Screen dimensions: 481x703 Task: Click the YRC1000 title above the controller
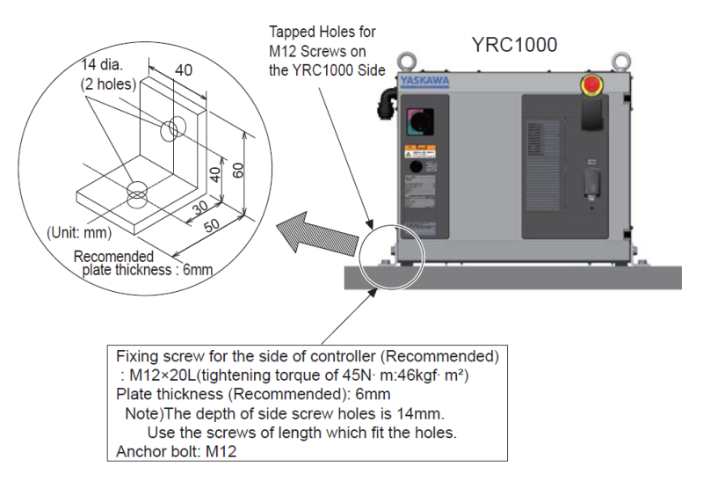click(514, 44)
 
